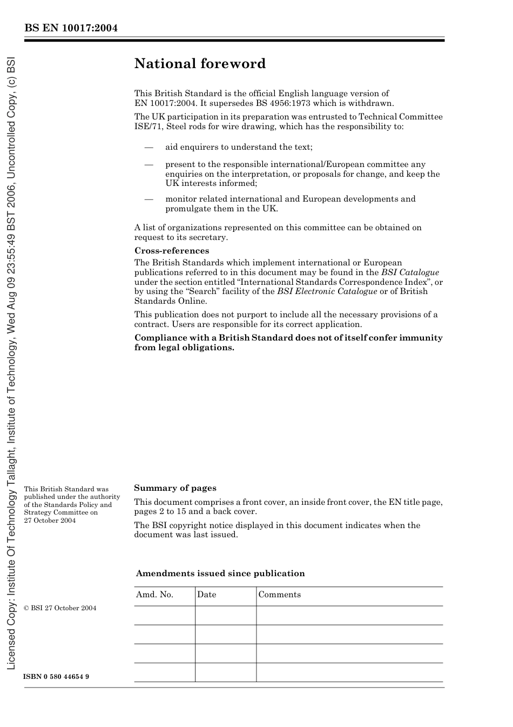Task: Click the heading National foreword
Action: coord(200,64)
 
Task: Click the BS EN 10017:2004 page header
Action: coord(71,28)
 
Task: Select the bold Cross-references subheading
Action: coord(171,251)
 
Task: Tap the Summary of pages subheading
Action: coord(175,488)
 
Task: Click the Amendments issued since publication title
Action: coord(220,573)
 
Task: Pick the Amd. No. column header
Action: coord(154,595)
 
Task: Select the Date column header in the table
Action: coord(206,595)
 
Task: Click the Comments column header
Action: coord(279,595)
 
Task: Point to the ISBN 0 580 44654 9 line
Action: coord(56,677)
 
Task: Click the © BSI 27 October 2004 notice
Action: coord(60,608)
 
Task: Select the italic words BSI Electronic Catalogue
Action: coord(327,291)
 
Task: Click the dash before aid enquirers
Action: coord(148,147)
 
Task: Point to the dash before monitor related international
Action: coord(148,199)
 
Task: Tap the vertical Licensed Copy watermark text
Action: coord(11,362)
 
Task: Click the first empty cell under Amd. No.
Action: coord(164,615)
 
